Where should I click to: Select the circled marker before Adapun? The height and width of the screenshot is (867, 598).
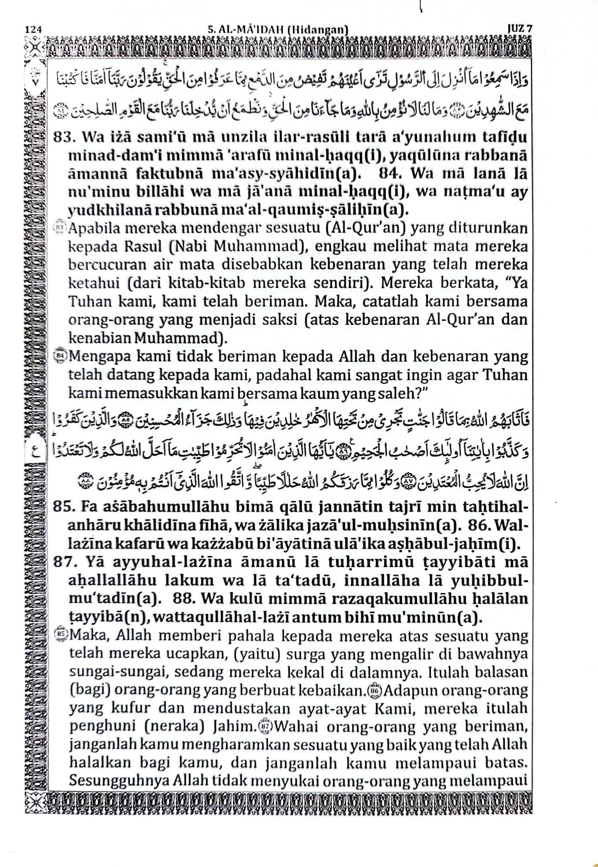(375, 690)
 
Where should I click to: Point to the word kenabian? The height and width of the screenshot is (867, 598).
(96, 338)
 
